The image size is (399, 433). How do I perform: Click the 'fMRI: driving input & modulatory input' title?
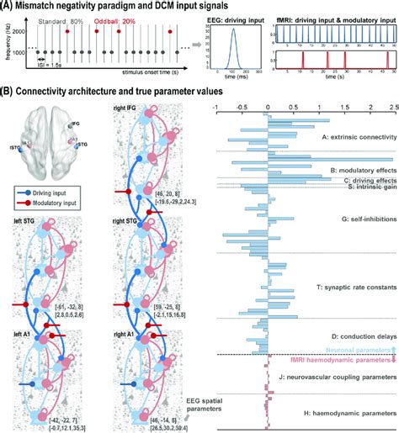336,15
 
